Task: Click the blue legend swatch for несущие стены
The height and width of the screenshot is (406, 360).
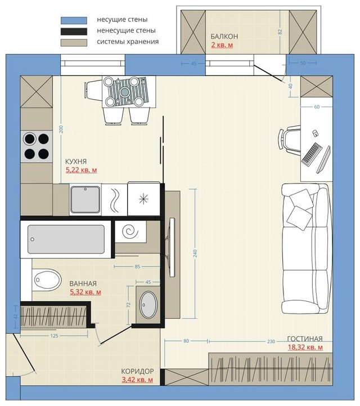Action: (x=74, y=20)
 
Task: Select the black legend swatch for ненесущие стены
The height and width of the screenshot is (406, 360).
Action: (x=74, y=32)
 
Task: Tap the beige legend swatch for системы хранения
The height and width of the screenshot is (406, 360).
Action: (x=74, y=42)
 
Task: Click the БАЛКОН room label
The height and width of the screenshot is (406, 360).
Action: (x=224, y=36)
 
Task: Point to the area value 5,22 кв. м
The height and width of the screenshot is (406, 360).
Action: (x=81, y=170)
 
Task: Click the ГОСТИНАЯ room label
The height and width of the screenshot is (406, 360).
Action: (x=305, y=338)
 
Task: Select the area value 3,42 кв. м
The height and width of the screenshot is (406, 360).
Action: (x=137, y=380)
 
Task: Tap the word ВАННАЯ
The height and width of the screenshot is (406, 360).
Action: (x=83, y=284)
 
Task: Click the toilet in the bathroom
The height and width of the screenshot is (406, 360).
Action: (x=47, y=280)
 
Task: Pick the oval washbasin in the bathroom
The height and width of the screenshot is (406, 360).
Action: (x=148, y=305)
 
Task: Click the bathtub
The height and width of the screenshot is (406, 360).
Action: (x=66, y=239)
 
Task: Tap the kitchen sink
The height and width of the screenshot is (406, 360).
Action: (x=85, y=199)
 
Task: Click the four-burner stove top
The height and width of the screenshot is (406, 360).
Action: (x=37, y=146)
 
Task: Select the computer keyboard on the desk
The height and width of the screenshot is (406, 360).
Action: (x=312, y=154)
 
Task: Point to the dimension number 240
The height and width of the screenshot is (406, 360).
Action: (x=195, y=253)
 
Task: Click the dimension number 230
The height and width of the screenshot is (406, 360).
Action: (x=271, y=342)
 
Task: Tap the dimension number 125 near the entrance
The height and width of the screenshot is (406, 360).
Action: (x=54, y=336)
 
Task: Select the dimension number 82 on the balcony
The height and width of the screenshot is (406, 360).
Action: (x=280, y=32)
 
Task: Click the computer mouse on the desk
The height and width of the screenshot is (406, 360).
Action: (x=316, y=133)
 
